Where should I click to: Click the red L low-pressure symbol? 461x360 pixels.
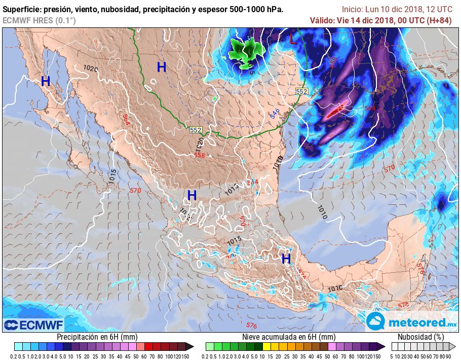point(293,40)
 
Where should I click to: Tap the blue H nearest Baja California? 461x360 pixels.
point(46,81)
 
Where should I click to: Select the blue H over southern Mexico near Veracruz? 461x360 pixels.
point(286,259)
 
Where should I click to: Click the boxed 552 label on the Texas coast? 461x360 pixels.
point(302,91)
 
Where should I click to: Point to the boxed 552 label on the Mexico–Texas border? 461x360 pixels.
point(196,130)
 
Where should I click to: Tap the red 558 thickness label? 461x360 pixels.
point(200,155)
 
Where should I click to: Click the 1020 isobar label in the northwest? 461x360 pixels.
point(90,68)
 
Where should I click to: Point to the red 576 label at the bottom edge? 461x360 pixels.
point(251,325)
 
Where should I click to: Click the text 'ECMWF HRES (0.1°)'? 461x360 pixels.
point(39,20)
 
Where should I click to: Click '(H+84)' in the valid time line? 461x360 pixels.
point(440,20)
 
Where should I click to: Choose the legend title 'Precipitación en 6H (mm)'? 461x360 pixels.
point(97,337)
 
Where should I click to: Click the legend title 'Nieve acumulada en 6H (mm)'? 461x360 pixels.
point(289,337)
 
